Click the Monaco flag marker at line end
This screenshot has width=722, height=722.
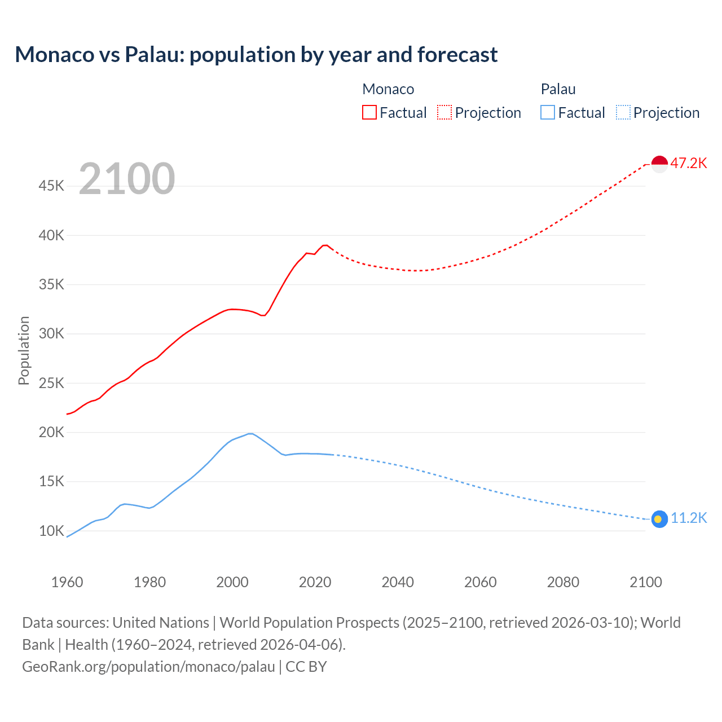point(659,164)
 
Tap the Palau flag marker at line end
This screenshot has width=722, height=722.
point(659,519)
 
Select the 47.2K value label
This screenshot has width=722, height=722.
point(689,164)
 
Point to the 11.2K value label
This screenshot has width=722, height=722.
point(689,518)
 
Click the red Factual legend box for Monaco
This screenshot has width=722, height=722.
point(369,113)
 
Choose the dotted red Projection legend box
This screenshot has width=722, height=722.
point(444,113)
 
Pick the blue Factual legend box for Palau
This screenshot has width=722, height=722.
point(547,113)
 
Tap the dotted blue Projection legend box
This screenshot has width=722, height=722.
point(623,113)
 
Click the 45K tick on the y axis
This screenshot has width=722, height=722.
point(51,186)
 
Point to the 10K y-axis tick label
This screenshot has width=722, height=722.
point(51,531)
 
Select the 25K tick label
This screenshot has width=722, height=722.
point(51,384)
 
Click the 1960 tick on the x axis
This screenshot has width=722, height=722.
point(67,582)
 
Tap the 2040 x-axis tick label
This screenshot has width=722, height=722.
point(398,582)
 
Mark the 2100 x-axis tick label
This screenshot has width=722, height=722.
point(645,582)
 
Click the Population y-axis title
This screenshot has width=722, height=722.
point(24,350)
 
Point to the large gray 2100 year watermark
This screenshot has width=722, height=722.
point(127,179)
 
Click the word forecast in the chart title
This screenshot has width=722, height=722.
point(457,55)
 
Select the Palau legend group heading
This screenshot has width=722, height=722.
point(558,89)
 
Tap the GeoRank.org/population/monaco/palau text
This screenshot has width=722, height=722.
point(148,667)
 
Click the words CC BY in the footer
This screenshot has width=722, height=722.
point(306,667)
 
